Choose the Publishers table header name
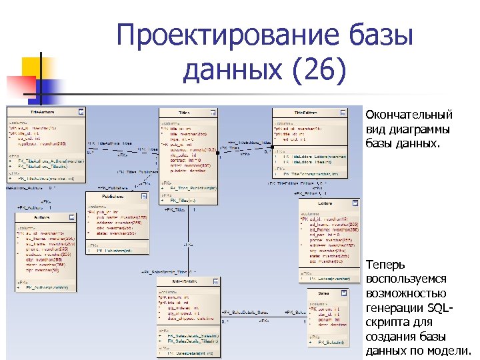click(113, 197)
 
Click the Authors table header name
click(41, 218)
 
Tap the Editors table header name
click(325, 203)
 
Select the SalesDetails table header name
click(184, 283)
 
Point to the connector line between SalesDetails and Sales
click(263, 318)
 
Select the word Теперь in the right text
click(384, 265)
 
